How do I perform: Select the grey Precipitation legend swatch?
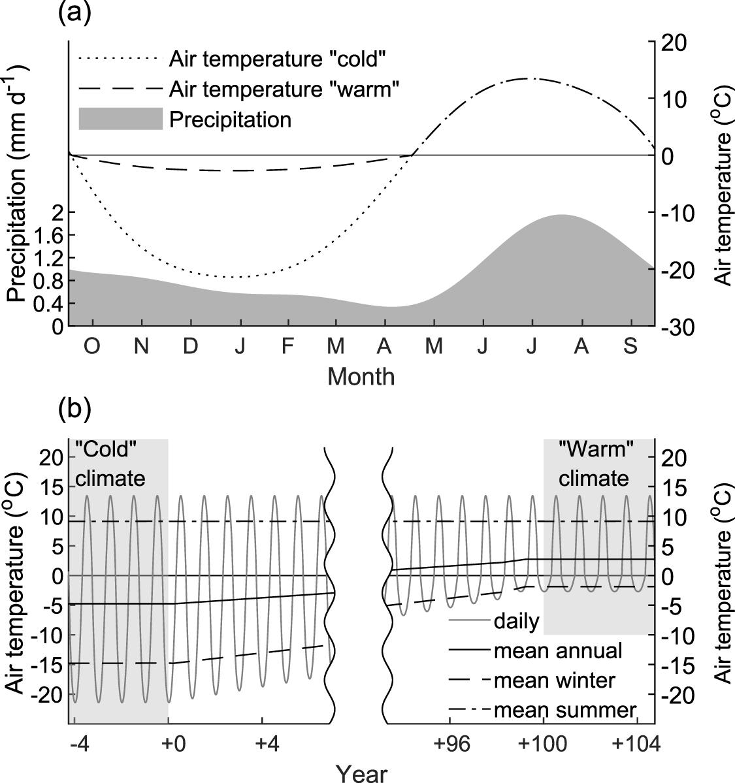[120, 120]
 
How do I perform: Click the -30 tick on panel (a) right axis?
[679, 327]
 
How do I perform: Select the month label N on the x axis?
[141, 347]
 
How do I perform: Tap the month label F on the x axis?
[287, 347]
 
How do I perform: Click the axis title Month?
[361, 377]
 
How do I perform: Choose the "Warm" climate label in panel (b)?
[593, 464]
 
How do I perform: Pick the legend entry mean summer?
[565, 710]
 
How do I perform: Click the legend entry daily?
[517, 620]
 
